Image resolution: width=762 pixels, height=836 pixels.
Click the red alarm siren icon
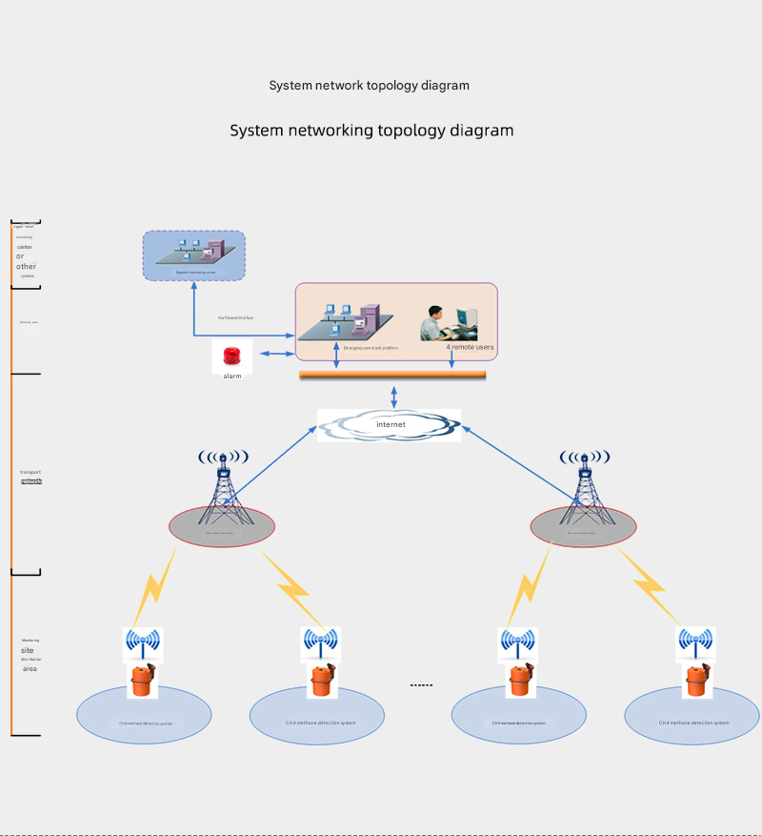pyautogui.click(x=231, y=357)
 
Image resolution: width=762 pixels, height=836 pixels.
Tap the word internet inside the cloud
pyautogui.click(x=391, y=424)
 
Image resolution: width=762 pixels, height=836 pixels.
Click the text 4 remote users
pyautogui.click(x=470, y=347)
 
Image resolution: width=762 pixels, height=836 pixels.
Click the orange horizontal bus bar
pyautogui.click(x=392, y=375)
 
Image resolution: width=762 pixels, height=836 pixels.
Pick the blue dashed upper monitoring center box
pyautogui.click(x=193, y=255)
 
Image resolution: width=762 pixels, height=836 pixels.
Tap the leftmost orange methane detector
pyautogui.click(x=142, y=681)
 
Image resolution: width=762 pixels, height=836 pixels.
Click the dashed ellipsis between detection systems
pyautogui.click(x=421, y=685)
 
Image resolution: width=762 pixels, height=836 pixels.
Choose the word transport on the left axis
pyautogui.click(x=30, y=472)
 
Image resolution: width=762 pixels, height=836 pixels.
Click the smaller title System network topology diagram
pyautogui.click(x=369, y=86)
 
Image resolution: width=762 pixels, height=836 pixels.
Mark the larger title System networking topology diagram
pyautogui.click(x=371, y=131)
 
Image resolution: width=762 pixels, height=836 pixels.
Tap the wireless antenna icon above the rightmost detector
pyautogui.click(x=695, y=643)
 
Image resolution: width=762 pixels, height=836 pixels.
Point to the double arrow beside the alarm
pyautogui.click(x=276, y=355)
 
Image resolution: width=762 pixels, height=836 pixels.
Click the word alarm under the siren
pyautogui.click(x=232, y=377)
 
